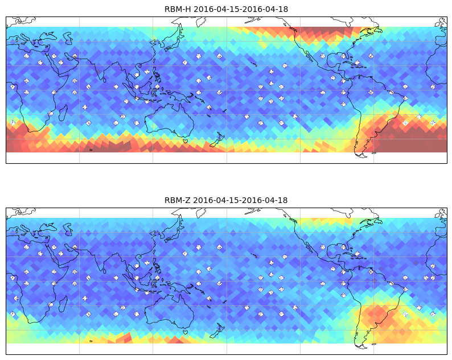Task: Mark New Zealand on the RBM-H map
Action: tap(217, 140)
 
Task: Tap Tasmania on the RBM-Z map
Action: tap(186, 332)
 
